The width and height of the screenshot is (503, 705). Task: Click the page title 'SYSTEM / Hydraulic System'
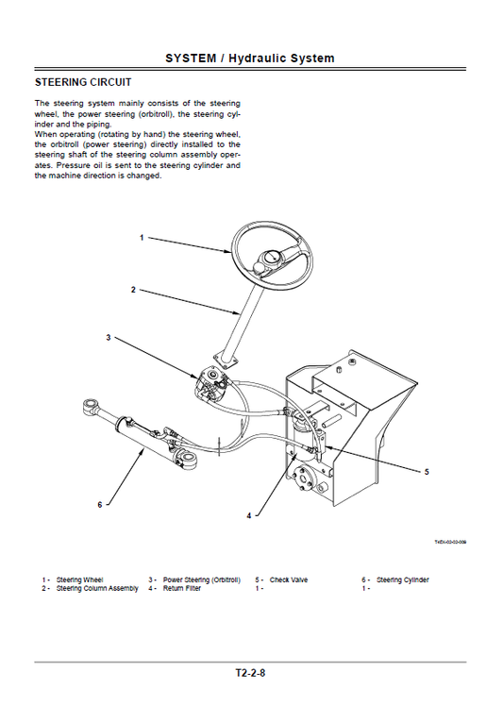tap(249, 59)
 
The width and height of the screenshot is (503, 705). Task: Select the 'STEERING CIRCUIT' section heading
tap(83, 83)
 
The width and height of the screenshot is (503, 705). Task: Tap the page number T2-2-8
tap(250, 673)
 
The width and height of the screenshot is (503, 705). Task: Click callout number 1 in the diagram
tap(142, 238)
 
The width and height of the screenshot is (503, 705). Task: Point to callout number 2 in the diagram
tap(133, 289)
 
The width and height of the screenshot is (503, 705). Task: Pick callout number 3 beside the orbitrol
tap(109, 337)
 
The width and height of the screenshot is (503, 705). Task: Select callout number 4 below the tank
tap(249, 515)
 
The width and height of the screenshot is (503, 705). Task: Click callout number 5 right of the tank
tap(427, 471)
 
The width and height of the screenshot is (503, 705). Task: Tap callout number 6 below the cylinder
tap(99, 504)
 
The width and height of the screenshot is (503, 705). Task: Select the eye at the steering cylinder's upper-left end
tap(92, 408)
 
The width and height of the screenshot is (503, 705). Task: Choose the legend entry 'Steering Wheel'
tap(80, 579)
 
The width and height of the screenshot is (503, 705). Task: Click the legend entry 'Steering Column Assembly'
tap(96, 588)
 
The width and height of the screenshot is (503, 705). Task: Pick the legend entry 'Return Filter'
tap(181, 588)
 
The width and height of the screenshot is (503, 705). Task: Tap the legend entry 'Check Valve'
tap(289, 579)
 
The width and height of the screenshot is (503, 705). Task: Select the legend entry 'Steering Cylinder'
tap(402, 579)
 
